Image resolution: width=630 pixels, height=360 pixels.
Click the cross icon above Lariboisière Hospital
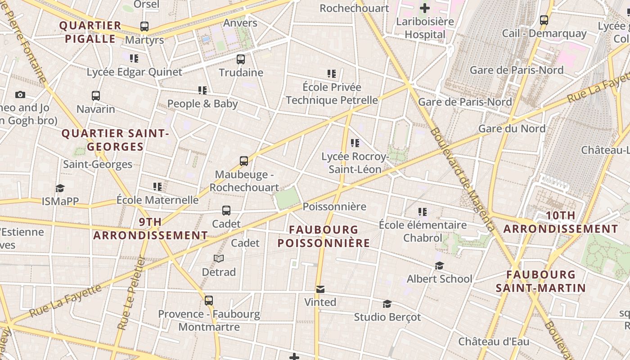(x=424, y=8)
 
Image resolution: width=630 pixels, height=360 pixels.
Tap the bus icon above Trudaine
(x=241, y=59)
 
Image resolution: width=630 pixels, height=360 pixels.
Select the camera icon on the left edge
(x=20, y=94)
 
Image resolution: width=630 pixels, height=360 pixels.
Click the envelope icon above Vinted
(x=320, y=289)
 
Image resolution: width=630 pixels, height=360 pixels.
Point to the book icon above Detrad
(x=219, y=258)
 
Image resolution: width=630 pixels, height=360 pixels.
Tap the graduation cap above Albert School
(x=439, y=266)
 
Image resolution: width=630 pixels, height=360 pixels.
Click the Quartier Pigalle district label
(x=90, y=32)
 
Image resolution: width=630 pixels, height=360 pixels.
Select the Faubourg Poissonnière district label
(x=324, y=236)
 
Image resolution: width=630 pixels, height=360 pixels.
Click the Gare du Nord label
(x=512, y=129)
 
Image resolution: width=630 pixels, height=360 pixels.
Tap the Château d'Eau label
(x=494, y=342)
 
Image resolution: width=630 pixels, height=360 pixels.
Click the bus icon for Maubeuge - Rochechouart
(x=244, y=161)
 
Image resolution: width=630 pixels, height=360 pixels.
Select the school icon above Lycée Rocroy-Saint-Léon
(x=355, y=144)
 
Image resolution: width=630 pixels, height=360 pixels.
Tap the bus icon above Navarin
(x=96, y=96)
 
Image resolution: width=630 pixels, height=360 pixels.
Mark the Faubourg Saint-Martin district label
(x=541, y=281)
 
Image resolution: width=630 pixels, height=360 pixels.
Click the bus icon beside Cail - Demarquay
(x=544, y=20)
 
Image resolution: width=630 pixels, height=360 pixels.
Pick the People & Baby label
(x=202, y=104)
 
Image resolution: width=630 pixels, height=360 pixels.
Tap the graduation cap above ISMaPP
(x=60, y=189)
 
